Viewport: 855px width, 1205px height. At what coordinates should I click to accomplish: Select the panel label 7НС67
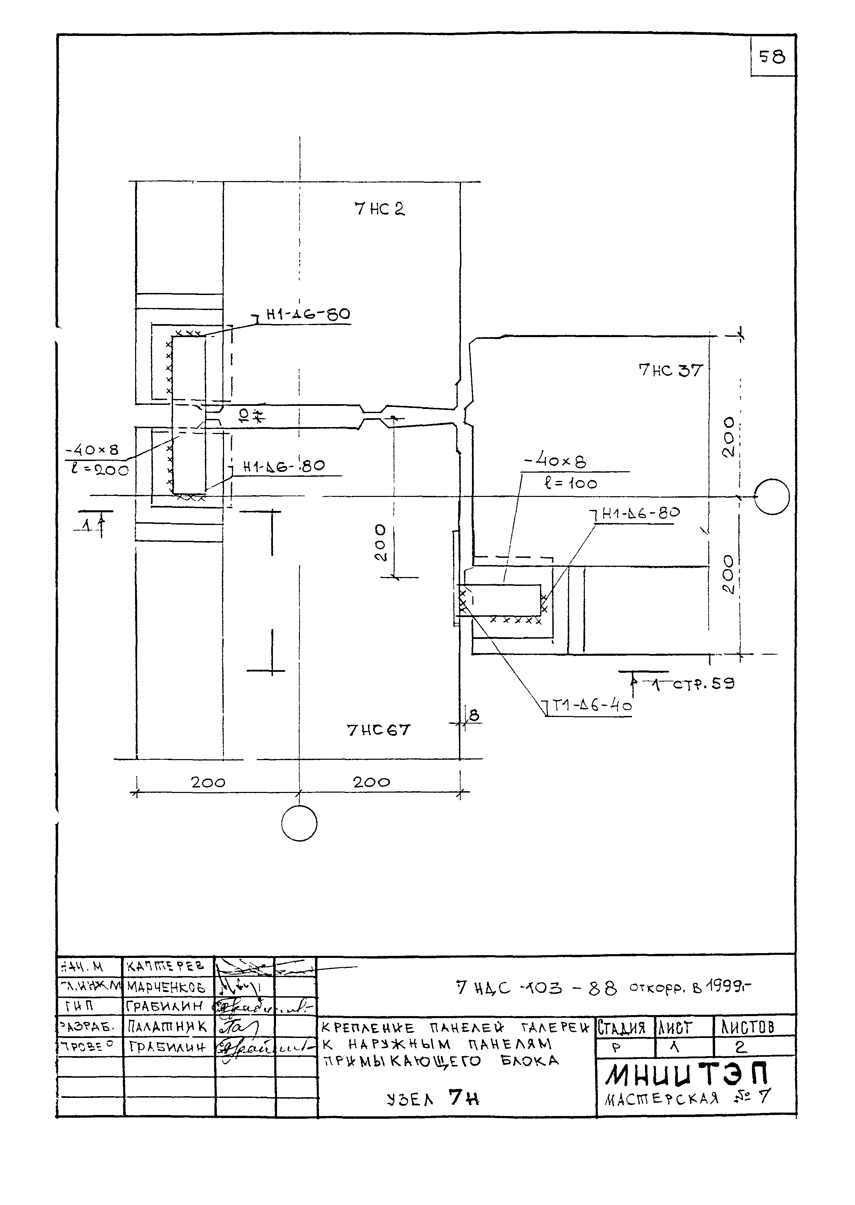tap(378, 730)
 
